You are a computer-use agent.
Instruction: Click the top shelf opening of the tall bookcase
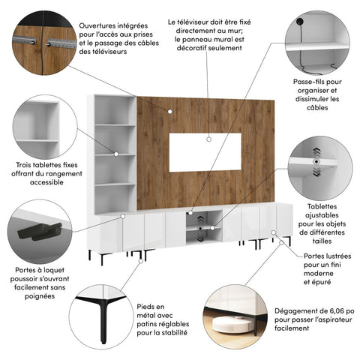113,110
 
